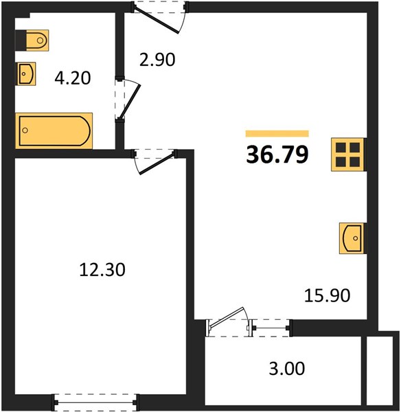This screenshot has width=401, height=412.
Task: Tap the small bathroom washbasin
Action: pos(26,74)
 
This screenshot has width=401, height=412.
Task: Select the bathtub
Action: pos(54,130)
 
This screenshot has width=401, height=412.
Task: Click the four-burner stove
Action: pos(348,154)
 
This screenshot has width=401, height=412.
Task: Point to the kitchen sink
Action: pos(352,238)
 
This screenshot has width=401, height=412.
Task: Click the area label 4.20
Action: pos(73,78)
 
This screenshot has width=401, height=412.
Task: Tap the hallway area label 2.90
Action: pos(157,60)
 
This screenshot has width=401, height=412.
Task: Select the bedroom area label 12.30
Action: pos(102,270)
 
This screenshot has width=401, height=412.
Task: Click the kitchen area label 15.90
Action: pos(327,295)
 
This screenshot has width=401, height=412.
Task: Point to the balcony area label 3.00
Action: pos(287,368)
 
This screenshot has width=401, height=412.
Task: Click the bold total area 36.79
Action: pos(277,154)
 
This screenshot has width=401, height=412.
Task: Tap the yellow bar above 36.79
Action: pos(277,133)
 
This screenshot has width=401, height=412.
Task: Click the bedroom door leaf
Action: pos(157,164)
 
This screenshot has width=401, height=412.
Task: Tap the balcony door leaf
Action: pos(227,317)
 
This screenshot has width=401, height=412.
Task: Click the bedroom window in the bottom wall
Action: pos(95,402)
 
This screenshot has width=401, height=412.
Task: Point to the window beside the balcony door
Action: pos(270,328)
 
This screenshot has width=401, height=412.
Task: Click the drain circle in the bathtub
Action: pos(25,130)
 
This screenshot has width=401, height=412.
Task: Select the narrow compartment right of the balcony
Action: pos(379,371)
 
